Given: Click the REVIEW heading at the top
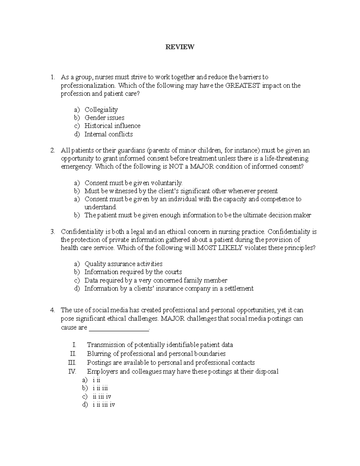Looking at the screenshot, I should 180,47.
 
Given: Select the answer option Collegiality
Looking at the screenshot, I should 101,110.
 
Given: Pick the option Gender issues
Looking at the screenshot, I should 104,118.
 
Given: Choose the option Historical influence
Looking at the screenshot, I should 112,126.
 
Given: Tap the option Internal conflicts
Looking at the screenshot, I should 108,134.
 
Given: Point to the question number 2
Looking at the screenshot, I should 52,150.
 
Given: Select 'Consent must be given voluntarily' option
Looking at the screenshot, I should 133,183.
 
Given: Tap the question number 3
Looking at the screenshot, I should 52,232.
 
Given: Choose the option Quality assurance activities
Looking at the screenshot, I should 123,264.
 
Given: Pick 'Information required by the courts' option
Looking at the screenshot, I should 133,272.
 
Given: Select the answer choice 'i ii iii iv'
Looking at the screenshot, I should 103,404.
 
